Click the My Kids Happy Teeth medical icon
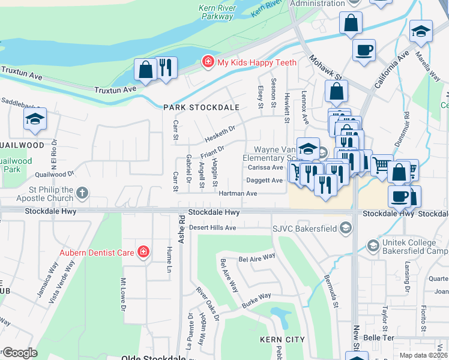click(208, 62)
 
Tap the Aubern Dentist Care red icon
click(143, 252)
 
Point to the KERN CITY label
click(279, 340)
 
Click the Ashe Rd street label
click(181, 237)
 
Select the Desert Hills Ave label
click(213, 228)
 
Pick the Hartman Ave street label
click(237, 193)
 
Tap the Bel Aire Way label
click(256, 257)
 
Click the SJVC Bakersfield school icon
click(345, 228)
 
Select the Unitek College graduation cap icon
click(373, 245)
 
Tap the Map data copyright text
click(424, 355)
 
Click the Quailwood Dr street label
click(54, 174)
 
